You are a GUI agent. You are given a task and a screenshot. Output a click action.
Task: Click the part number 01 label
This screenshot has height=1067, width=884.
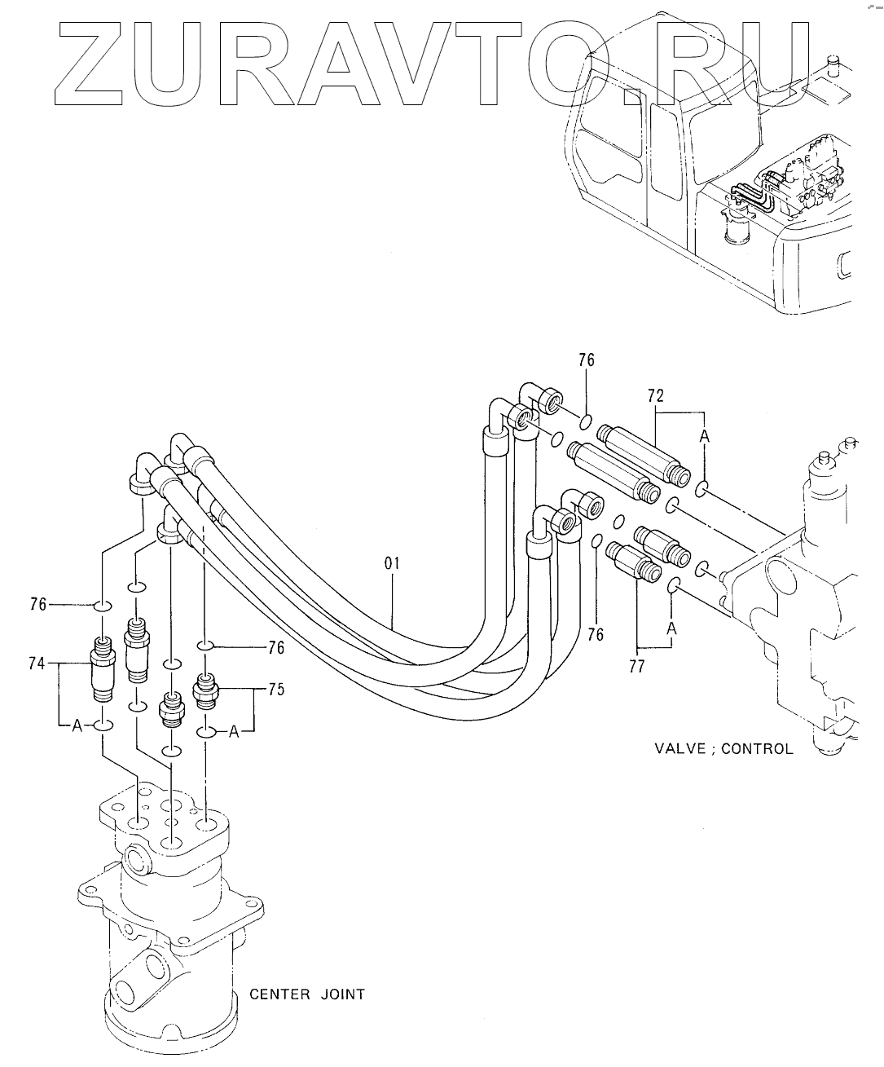coord(392,563)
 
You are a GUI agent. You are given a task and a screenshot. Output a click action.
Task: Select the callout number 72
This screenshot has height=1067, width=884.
coord(656,396)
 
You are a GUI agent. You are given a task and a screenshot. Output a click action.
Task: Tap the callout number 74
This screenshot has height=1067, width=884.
coord(37,664)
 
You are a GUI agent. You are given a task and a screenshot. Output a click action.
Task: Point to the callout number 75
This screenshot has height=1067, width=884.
coord(276,690)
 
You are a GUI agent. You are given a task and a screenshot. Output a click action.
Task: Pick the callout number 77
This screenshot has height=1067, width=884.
coord(637,666)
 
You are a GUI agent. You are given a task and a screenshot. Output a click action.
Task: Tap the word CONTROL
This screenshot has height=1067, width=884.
coord(758,748)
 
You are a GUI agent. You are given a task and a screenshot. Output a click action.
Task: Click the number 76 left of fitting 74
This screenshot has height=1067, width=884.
coord(37,605)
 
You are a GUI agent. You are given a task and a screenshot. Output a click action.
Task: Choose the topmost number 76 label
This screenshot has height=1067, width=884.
coord(587,360)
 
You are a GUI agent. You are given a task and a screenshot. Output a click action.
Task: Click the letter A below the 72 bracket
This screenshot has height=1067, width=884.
coord(704,436)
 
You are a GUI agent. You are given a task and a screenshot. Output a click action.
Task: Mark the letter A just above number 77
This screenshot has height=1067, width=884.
coord(672,628)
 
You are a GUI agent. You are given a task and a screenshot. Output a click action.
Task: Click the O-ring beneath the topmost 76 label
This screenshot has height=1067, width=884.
coord(585,422)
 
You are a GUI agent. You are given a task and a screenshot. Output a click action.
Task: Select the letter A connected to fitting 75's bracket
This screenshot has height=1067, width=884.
coord(233,732)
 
